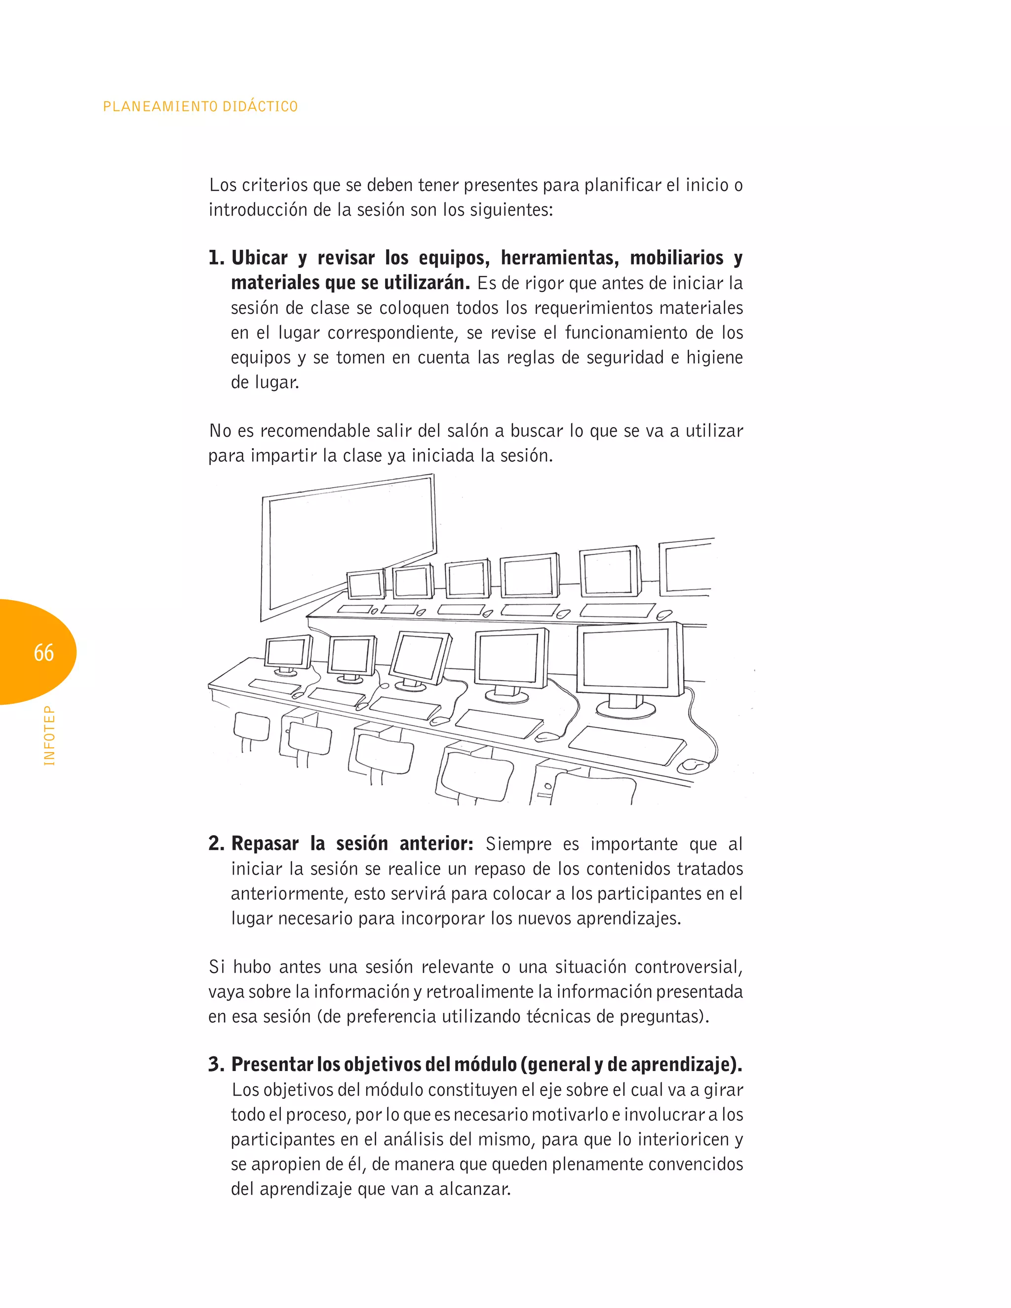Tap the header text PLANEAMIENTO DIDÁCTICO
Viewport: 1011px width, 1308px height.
[200, 107]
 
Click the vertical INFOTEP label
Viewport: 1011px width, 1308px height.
[49, 735]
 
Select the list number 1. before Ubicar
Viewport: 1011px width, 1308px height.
[216, 258]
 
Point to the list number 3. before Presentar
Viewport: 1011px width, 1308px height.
[216, 1064]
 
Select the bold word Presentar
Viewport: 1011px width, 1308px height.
[272, 1064]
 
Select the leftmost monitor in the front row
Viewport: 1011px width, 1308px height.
[287, 654]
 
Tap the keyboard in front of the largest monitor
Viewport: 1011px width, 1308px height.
[626, 745]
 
